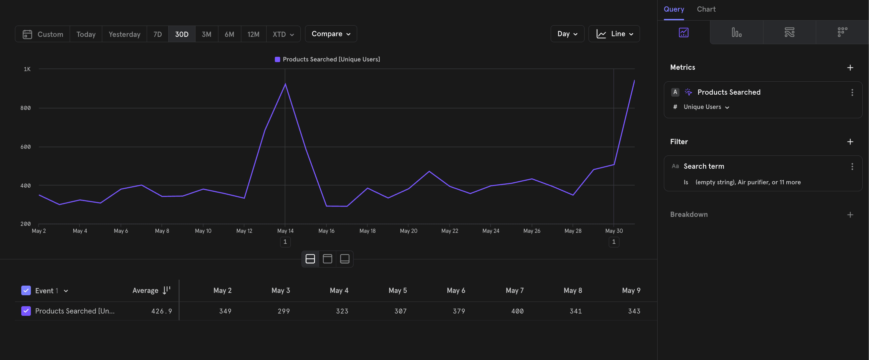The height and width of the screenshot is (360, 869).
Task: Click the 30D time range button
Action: coord(182,34)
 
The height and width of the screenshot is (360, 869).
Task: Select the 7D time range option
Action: coord(158,34)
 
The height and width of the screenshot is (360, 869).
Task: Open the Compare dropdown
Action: coord(331,34)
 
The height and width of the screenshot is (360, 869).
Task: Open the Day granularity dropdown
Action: coord(567,34)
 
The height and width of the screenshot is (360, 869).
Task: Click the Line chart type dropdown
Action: coord(614,34)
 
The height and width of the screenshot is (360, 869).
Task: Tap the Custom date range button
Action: coord(43,34)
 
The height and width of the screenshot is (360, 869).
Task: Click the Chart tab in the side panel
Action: coord(706,9)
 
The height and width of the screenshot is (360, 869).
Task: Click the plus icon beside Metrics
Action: coord(850,67)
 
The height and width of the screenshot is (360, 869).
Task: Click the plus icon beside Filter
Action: coord(850,142)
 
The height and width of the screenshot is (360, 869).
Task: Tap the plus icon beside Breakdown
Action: coord(850,215)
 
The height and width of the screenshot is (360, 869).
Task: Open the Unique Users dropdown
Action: coord(706,107)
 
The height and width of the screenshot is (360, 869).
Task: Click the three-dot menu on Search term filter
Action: coord(852,166)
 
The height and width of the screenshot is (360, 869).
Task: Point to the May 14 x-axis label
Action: coord(285,231)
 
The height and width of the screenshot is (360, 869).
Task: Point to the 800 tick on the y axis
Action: coord(26,108)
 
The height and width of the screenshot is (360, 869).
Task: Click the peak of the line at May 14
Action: coord(285,84)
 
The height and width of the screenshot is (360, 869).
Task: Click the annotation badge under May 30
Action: coord(614,242)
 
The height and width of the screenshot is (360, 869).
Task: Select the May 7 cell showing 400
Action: coord(517,311)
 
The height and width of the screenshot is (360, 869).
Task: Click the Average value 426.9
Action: coord(162,311)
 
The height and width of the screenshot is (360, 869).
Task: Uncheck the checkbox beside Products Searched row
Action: coord(26,311)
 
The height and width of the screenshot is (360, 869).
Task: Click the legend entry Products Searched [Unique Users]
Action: coord(327,59)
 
